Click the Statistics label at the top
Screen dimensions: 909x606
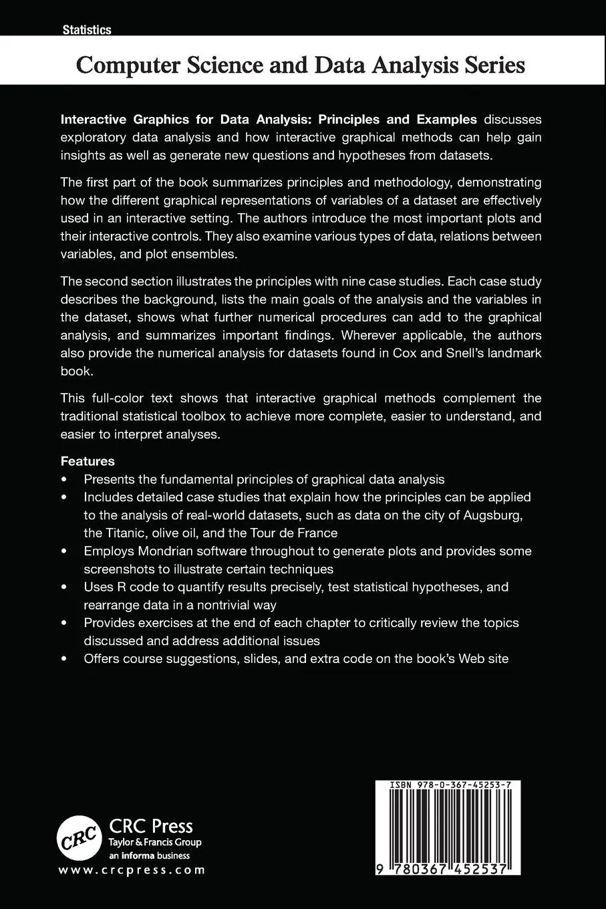pyautogui.click(x=86, y=29)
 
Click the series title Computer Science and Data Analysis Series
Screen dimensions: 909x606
pyautogui.click(x=301, y=66)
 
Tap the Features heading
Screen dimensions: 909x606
pyautogui.click(x=88, y=461)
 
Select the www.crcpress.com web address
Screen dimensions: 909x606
pyautogui.click(x=132, y=870)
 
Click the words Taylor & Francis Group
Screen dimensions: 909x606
pyautogui.click(x=155, y=842)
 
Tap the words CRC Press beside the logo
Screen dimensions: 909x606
pyautogui.click(x=150, y=826)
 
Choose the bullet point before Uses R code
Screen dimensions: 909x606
pyautogui.click(x=64, y=588)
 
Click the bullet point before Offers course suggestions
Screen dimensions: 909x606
pyautogui.click(x=64, y=659)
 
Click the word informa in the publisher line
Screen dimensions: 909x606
pyautogui.click(x=138, y=856)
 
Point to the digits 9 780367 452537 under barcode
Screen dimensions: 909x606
pyautogui.click(x=447, y=868)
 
